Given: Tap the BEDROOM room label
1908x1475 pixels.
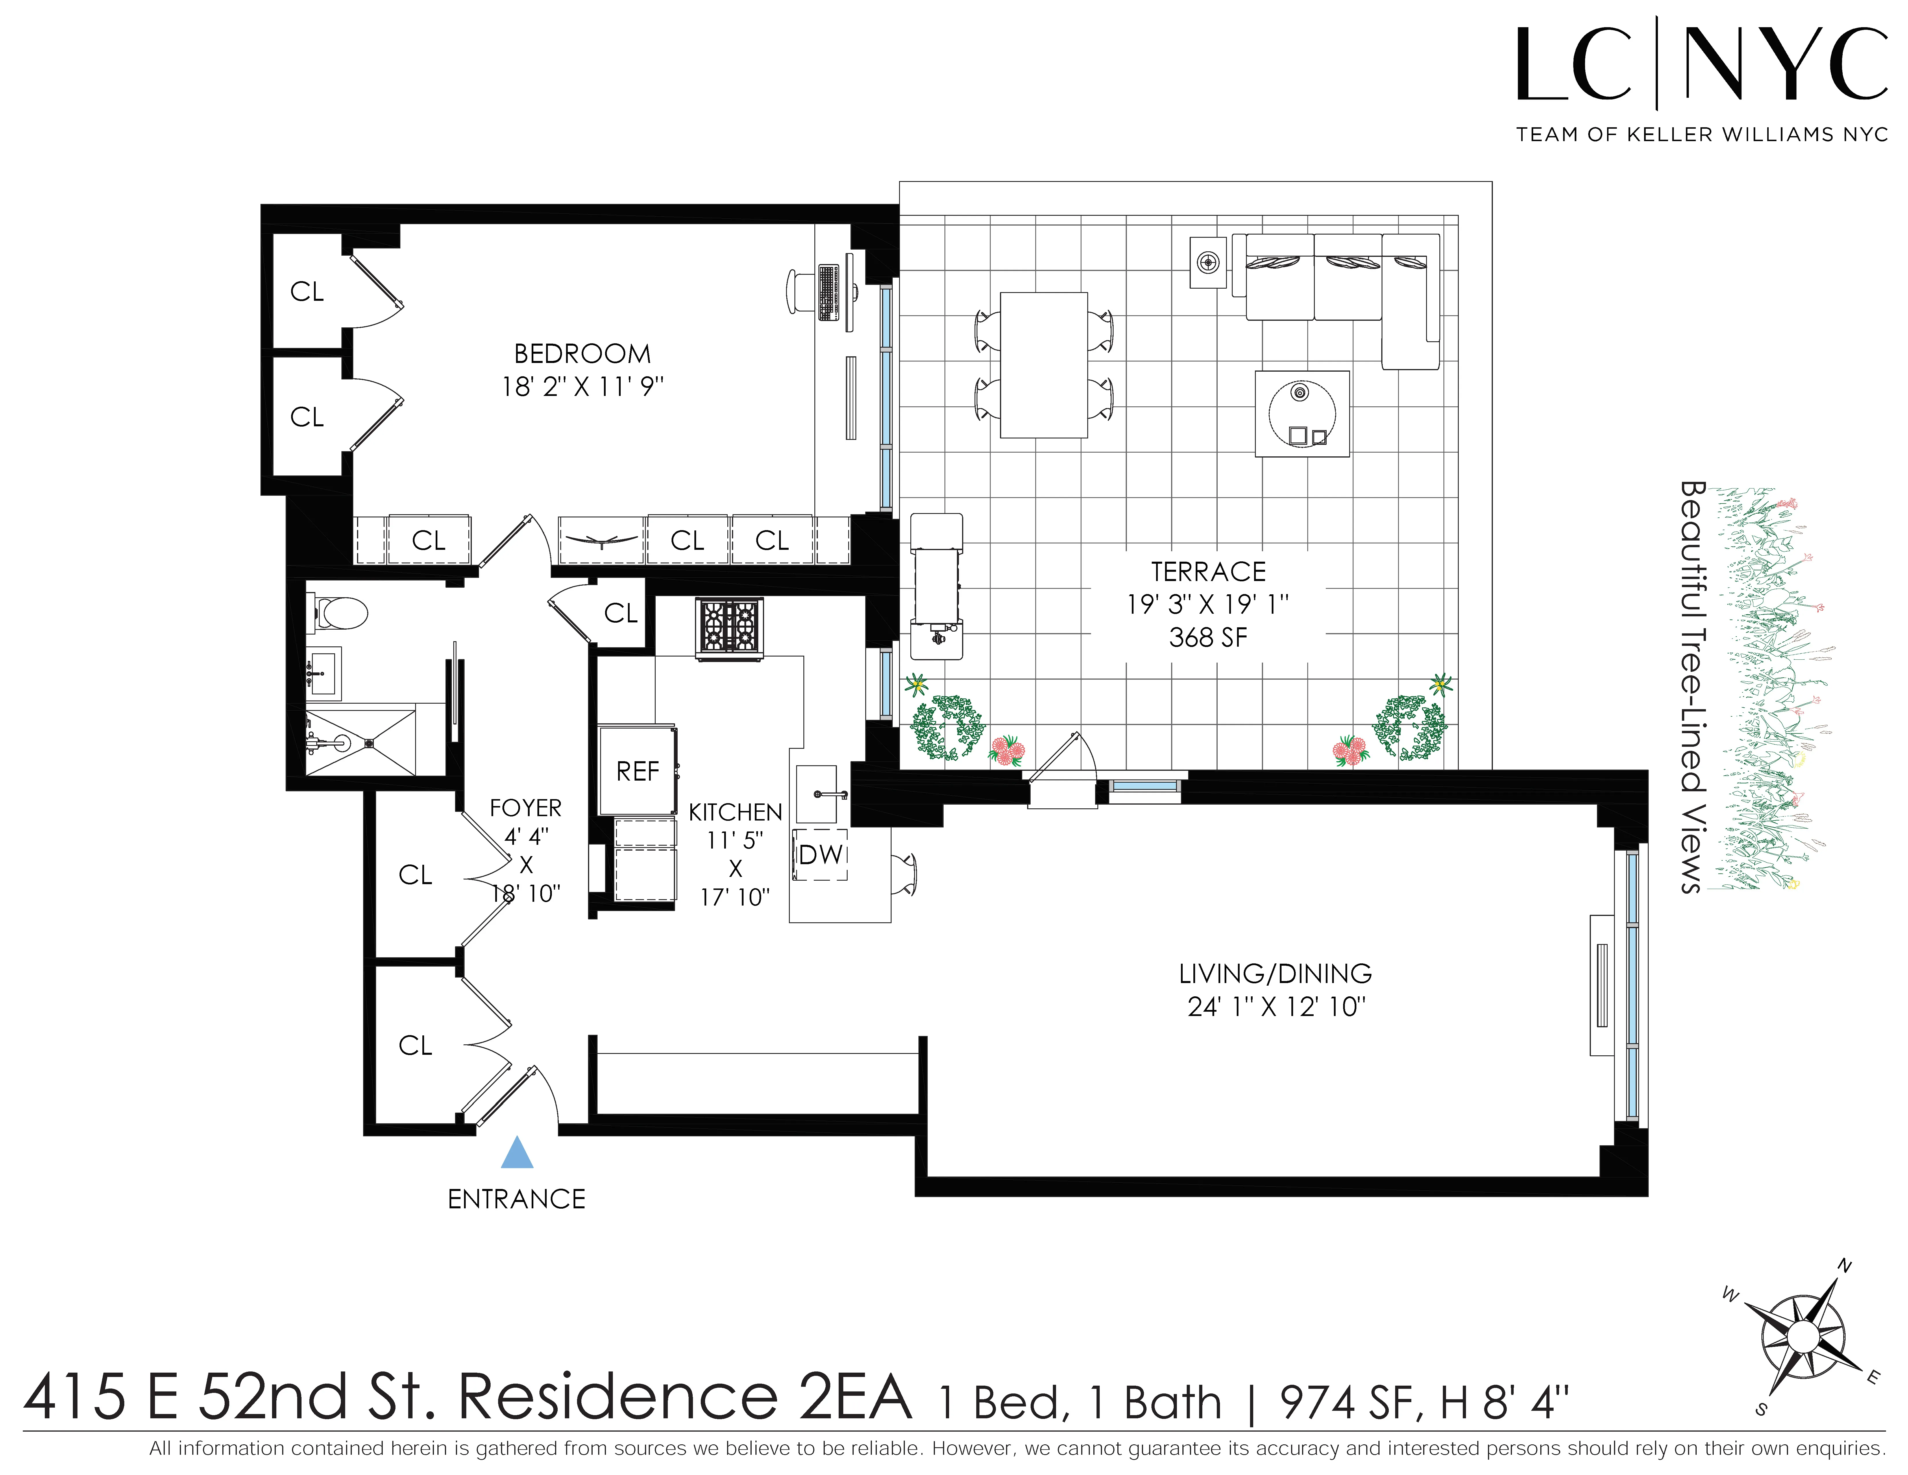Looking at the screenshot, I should (582, 354).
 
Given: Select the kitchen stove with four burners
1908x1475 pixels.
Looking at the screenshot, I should (729, 626).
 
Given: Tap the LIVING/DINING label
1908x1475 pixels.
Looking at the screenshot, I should (1275, 974).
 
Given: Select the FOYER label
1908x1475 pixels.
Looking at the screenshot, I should (525, 807).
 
